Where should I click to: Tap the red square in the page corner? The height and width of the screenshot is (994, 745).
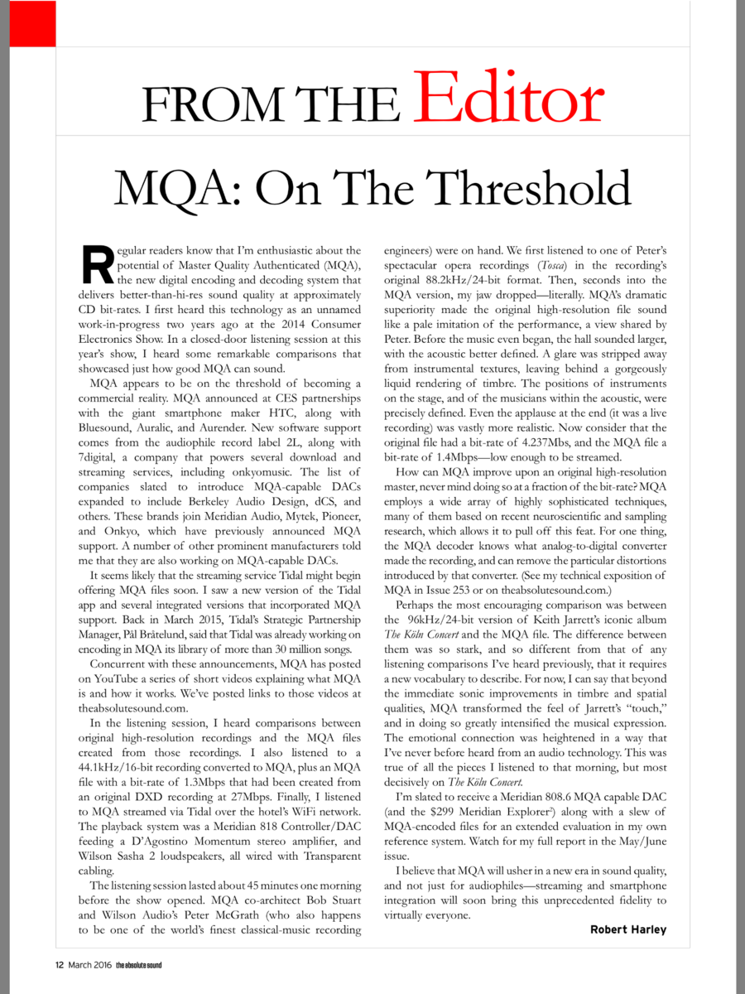[27, 22]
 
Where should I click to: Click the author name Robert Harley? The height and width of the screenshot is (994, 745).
[628, 929]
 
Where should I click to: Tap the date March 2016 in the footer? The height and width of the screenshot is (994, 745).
[90, 965]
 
